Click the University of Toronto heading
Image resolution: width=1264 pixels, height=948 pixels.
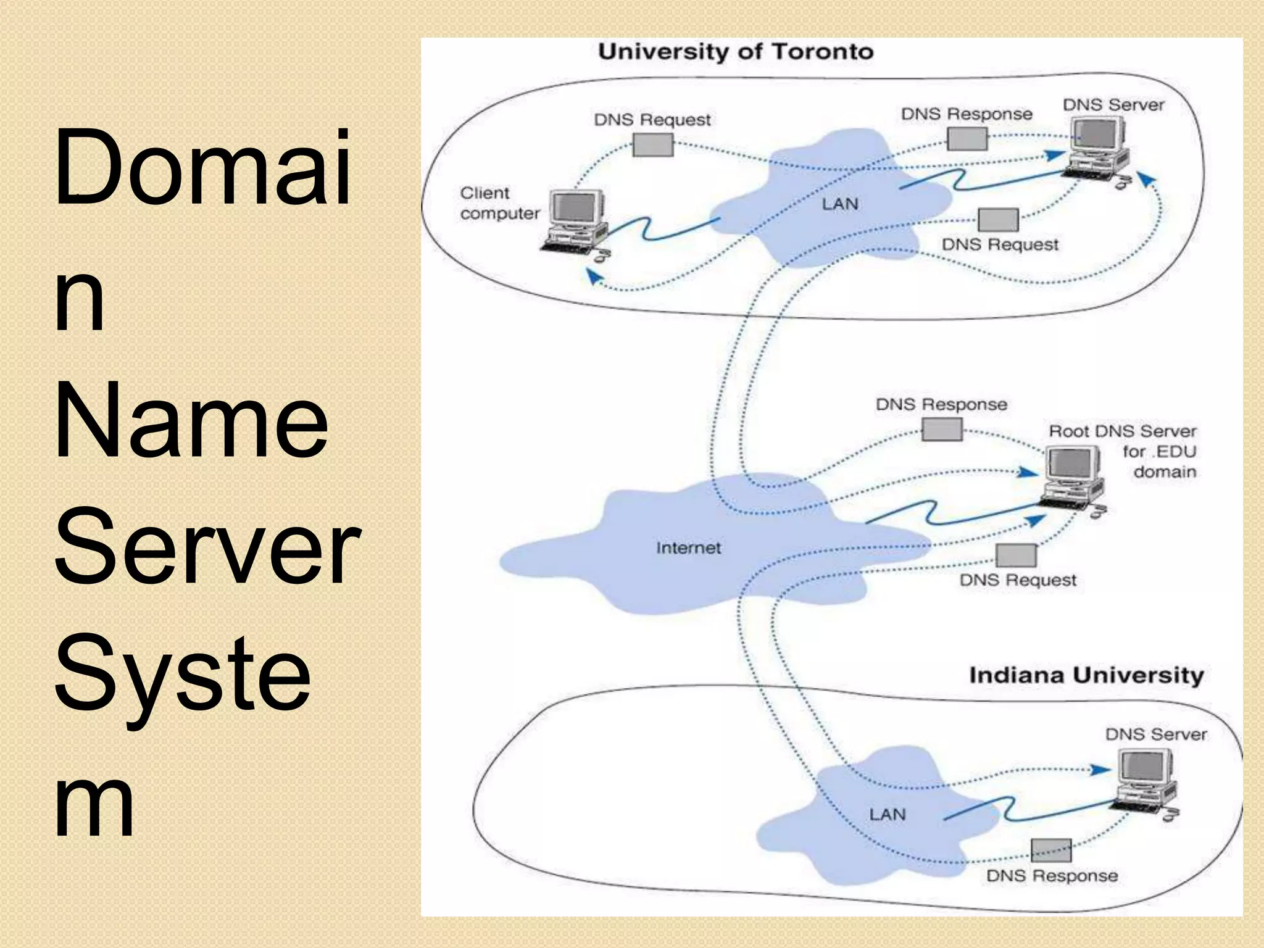click(x=735, y=51)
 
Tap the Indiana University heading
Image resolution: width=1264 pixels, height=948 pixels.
click(x=1086, y=675)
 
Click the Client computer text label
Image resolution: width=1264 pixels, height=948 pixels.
click(x=499, y=203)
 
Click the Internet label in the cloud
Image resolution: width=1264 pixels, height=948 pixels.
click(x=688, y=548)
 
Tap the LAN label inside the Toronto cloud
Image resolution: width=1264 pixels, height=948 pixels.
click(x=839, y=204)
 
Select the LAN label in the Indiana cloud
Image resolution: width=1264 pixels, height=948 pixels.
click(x=887, y=815)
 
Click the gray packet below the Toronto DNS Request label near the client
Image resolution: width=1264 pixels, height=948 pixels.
click(x=653, y=145)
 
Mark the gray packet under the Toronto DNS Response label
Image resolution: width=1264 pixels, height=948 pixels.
click(x=967, y=139)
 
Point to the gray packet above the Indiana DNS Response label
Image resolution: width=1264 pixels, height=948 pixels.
click(x=1051, y=850)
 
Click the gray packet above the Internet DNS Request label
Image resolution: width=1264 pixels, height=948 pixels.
click(x=1016, y=555)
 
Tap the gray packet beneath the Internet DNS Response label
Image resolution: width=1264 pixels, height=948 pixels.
click(x=942, y=429)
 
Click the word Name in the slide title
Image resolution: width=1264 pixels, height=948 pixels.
click(x=191, y=420)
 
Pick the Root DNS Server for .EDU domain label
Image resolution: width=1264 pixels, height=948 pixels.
click(x=1122, y=451)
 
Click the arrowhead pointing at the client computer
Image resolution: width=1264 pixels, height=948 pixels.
click(x=594, y=278)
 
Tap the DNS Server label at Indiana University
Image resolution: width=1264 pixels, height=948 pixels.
click(x=1155, y=734)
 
